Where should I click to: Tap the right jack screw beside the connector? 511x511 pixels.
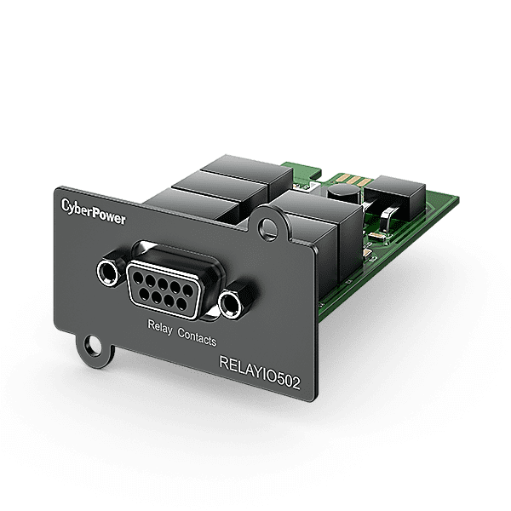click(229, 302)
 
